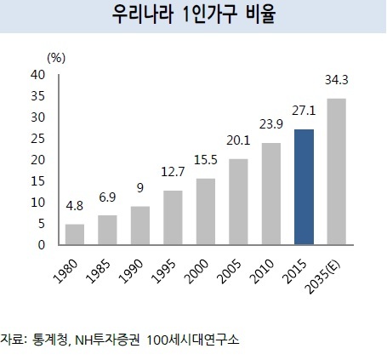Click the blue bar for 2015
click(x=304, y=187)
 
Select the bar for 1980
click(x=75, y=234)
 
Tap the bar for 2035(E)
click(x=337, y=171)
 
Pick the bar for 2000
click(x=206, y=211)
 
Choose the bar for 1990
click(x=140, y=226)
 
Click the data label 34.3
click(x=337, y=80)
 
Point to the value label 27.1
click(x=304, y=111)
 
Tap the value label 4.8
click(x=75, y=206)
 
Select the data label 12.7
click(x=173, y=172)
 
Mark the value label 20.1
click(x=238, y=140)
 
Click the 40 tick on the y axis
click(x=38, y=75)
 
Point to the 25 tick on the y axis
click(x=38, y=139)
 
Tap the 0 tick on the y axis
click(x=42, y=245)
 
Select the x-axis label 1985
click(x=98, y=271)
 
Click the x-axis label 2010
click(x=262, y=271)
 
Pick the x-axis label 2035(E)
click(x=322, y=277)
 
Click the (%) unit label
click(x=56, y=58)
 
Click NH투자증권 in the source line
click(x=107, y=340)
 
